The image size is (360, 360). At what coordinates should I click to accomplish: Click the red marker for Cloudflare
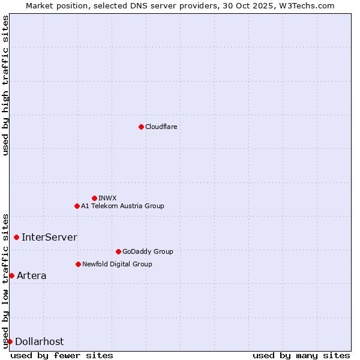point(141,127)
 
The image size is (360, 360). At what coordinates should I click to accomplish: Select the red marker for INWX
point(94,198)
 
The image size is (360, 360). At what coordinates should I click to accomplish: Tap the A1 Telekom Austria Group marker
point(77,206)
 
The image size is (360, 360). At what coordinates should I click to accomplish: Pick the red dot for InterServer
point(16,237)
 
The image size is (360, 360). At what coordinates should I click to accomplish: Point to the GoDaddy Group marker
point(118,251)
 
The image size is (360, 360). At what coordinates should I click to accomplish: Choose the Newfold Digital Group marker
point(78,264)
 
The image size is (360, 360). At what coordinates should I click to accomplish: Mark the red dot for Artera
point(11,275)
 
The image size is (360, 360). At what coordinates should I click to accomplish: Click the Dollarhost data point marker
point(10,341)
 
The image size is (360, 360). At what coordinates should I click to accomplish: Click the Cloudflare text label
point(161,127)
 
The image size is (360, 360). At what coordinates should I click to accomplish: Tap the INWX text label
point(107,198)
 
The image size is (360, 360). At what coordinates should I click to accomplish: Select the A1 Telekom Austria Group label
point(122,206)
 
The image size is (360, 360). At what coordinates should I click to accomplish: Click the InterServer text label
point(49,237)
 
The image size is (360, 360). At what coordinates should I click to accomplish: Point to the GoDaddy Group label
point(148,251)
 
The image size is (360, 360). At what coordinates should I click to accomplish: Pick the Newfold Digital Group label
point(117,264)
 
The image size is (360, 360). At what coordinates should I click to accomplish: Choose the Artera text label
point(31,275)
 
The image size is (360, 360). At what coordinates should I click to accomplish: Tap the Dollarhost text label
point(39,341)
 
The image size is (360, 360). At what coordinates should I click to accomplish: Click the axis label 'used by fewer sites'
point(62,355)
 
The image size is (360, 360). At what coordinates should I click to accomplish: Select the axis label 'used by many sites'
point(301,355)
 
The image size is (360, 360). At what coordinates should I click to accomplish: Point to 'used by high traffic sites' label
point(5,85)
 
